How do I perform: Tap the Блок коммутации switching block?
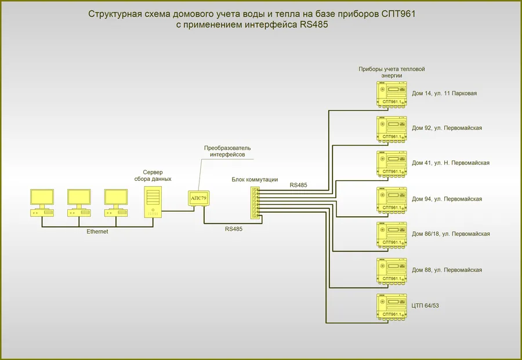pos(255,203)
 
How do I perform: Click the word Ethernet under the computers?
pos(97,231)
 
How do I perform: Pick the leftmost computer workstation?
pos(42,202)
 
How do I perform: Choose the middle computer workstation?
pos(79,202)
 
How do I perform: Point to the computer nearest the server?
pos(116,202)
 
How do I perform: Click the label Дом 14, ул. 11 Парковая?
pos(444,93)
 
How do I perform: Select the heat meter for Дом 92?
pos(392,129)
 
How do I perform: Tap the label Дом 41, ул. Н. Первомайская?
pos(451,163)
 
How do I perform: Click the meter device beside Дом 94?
pos(392,199)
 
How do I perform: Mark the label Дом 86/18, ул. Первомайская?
pos(451,234)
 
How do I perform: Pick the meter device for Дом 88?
pos(392,270)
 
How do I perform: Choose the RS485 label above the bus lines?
pos(298,185)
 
